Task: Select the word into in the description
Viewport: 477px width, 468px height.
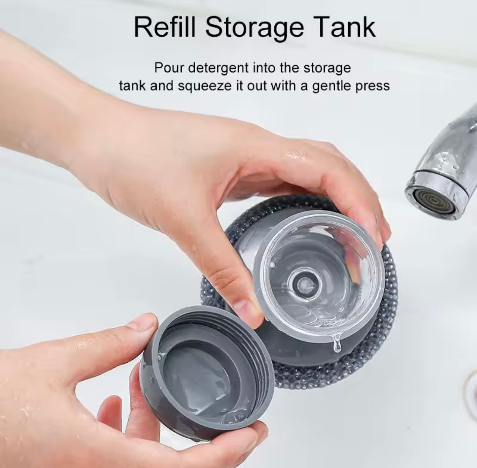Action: pyautogui.click(x=264, y=68)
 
